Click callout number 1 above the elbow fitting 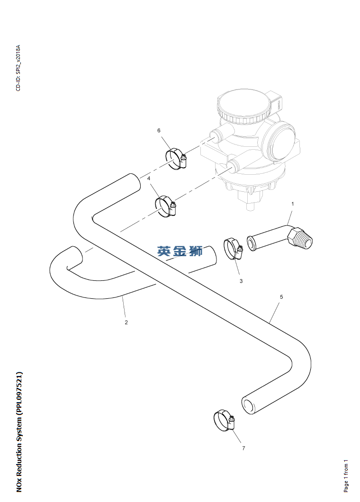pos(292,204)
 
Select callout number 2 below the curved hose pos(126,323)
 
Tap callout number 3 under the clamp pos(241,281)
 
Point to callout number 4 pos(149,179)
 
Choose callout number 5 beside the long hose pos(281,297)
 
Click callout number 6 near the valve pos(159,130)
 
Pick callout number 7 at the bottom pos(243,448)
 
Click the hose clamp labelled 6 pos(176,158)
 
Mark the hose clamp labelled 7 pos(224,421)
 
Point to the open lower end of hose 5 pos(248,406)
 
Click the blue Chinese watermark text pos(180,251)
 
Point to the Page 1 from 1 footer pos(346,476)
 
